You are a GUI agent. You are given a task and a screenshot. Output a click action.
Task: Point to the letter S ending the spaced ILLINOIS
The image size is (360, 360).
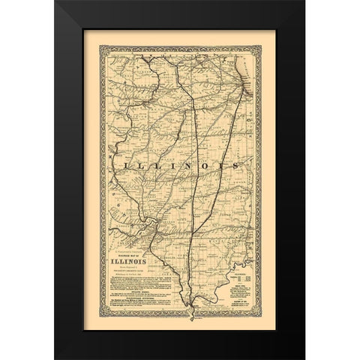pyautogui.click(x=234, y=163)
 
